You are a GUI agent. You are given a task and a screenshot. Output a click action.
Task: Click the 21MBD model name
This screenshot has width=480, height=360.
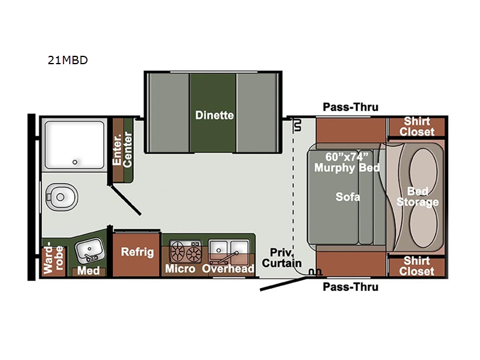click(x=68, y=60)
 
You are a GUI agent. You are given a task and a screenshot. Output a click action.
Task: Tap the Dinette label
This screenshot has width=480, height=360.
click(x=214, y=115)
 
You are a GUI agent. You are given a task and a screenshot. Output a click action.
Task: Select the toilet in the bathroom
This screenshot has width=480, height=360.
click(x=62, y=197)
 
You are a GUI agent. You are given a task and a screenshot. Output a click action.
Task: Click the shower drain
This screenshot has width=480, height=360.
click(x=74, y=162)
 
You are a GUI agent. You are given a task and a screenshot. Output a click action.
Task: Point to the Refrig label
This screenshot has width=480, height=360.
click(x=137, y=252)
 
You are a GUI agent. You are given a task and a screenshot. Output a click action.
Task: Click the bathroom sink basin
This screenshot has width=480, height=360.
click(x=90, y=251)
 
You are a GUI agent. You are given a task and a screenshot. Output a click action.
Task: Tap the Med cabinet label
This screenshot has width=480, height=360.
click(x=88, y=271)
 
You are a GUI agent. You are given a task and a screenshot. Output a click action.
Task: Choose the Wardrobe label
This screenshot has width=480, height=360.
click(x=53, y=258)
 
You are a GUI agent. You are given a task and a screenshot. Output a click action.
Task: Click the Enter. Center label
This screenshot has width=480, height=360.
click(x=122, y=149)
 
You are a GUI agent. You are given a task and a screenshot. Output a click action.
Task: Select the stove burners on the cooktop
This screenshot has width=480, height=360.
click(x=186, y=252)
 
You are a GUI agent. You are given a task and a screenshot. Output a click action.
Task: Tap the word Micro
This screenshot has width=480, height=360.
click(x=180, y=269)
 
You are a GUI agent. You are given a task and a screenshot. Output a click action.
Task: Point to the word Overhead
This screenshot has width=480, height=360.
click(x=228, y=269)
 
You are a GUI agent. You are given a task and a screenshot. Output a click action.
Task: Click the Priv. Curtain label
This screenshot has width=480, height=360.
click(x=281, y=258)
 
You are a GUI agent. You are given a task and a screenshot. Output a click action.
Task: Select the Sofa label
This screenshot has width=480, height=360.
click(x=347, y=197)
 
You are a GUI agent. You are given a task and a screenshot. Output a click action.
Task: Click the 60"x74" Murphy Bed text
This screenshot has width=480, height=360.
click(x=347, y=162)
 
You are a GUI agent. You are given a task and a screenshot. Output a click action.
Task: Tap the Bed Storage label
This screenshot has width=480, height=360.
click(x=418, y=197)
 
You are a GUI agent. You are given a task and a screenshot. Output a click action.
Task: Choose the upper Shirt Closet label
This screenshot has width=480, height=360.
click(x=416, y=127)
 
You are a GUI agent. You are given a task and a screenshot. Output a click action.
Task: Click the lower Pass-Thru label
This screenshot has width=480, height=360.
click(x=350, y=287)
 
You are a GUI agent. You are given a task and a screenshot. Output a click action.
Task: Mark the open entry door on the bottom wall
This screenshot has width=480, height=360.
click(x=283, y=284)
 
